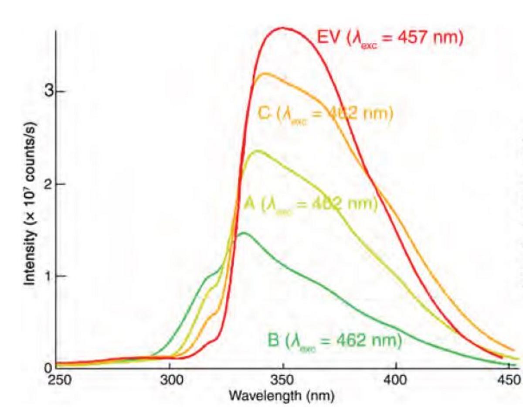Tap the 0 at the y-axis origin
coord(49,367)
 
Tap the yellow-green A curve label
coord(310,204)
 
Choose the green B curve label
coord(334,341)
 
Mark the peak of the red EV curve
coord(282,28)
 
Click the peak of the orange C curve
coord(264,73)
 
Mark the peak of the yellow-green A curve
coord(258,151)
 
